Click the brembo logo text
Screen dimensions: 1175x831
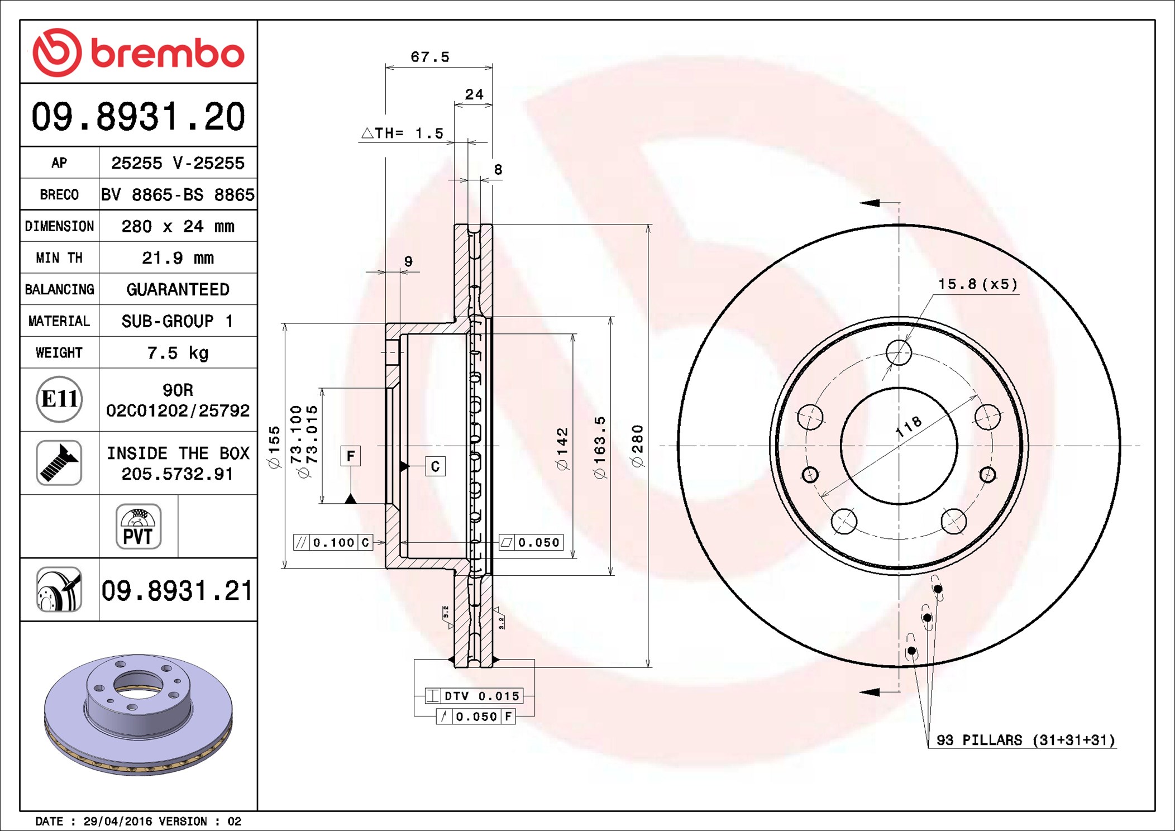168,54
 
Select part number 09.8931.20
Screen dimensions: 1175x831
138,117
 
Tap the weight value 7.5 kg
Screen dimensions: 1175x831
178,353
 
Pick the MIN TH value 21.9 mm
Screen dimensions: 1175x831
178,258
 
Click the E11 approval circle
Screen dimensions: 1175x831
59,399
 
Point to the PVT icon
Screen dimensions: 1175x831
138,527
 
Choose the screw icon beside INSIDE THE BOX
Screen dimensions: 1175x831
59,462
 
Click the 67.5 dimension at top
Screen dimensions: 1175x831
430,57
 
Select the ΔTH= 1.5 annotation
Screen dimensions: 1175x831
402,133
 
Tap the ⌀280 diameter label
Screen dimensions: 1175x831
637,446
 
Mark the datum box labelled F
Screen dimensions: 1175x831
351,456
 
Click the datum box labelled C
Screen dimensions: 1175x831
436,466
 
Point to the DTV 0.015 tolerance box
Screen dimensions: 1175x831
474,696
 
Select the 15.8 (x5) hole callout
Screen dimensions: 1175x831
978,284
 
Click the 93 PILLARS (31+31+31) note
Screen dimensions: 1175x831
1025,740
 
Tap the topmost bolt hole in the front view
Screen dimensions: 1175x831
899,353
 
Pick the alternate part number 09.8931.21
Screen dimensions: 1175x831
178,590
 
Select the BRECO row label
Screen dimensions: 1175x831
59,195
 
